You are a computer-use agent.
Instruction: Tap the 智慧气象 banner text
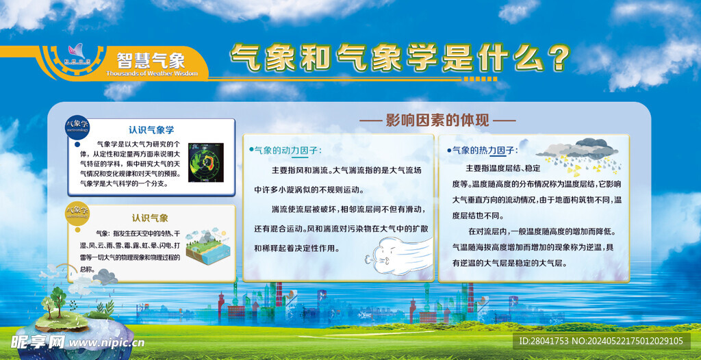tap(151, 60)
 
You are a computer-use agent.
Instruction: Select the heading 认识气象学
tap(151, 129)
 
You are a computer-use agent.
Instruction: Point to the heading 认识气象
tap(150, 218)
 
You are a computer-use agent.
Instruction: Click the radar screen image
tap(205, 162)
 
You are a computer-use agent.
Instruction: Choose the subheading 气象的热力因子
tap(483, 150)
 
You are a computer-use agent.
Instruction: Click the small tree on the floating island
tap(58, 300)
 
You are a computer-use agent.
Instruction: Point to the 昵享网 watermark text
tap(38, 342)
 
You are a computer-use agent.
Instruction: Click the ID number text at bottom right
tap(600, 341)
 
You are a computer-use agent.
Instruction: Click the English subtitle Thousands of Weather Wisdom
tap(151, 73)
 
